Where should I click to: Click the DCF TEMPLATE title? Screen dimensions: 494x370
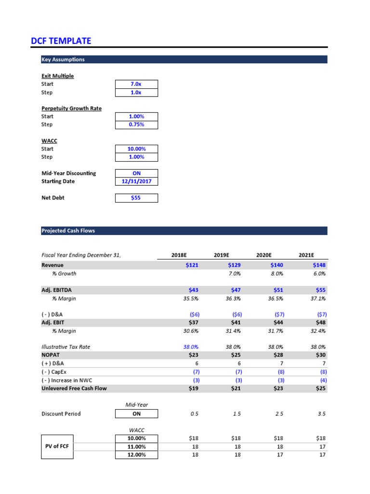(61, 41)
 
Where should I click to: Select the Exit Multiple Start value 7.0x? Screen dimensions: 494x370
(136, 84)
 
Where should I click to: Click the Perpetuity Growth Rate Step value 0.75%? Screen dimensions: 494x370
(136, 124)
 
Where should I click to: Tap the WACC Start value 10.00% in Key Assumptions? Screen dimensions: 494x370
(136, 149)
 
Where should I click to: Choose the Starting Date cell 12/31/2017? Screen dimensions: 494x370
(136, 181)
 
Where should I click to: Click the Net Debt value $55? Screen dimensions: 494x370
(136, 198)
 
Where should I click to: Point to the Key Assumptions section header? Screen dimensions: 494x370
(63, 59)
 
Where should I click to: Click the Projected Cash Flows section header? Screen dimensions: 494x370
(68, 231)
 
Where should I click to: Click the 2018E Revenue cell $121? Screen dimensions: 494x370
(191, 265)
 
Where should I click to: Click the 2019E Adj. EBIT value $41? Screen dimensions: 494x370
(234, 323)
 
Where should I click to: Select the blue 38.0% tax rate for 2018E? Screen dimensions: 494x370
(191, 347)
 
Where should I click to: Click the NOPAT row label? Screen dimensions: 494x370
(51, 355)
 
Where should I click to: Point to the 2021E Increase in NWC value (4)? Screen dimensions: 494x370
(321, 380)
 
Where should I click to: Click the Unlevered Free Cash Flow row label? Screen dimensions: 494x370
(74, 388)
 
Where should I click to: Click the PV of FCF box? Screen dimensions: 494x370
(57, 446)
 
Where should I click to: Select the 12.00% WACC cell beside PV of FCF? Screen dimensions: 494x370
(136, 454)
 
